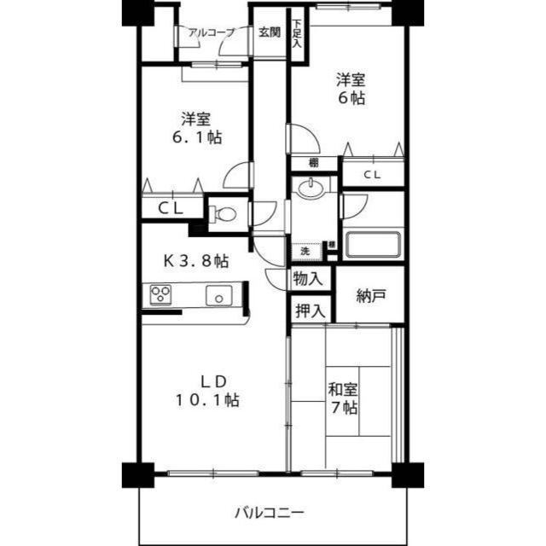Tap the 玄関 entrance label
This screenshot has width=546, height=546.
270,32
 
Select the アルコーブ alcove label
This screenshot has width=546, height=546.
212,32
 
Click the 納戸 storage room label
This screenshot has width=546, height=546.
371,296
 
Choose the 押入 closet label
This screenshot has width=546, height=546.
309,311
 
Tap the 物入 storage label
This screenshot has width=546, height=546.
308,278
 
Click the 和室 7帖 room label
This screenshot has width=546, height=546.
344,398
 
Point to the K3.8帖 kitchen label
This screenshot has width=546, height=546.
195,259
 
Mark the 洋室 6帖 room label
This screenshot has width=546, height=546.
350,89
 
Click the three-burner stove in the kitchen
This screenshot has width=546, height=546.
160,295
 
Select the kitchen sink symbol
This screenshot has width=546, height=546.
218,296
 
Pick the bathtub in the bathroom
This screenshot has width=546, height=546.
371,244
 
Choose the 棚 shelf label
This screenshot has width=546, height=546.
314,162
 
